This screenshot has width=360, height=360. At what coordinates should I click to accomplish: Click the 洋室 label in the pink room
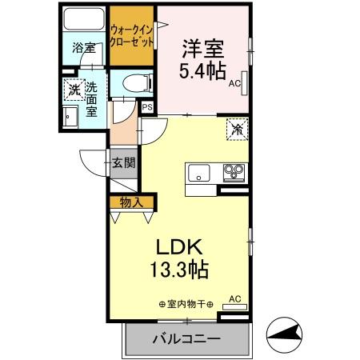[202, 47]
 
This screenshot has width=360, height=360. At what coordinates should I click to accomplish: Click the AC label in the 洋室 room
[234, 82]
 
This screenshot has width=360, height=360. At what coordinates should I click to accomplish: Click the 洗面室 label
[92, 99]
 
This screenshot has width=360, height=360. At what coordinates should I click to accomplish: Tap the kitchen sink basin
[198, 172]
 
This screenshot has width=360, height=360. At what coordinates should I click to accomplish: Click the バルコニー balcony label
[186, 338]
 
